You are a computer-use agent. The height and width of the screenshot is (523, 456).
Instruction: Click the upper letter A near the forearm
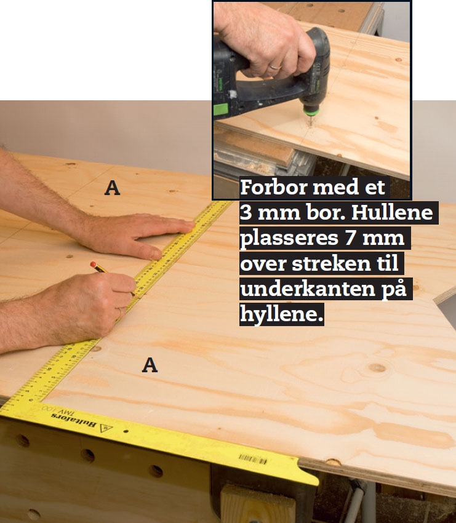coord(112,188)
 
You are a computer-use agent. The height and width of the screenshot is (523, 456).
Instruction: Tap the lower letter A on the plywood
coord(150,365)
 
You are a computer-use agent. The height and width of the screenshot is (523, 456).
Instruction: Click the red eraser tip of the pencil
coord(93,264)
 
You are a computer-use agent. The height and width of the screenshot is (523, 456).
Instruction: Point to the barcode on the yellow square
coord(252,459)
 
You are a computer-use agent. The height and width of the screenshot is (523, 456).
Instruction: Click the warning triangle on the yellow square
coord(106,428)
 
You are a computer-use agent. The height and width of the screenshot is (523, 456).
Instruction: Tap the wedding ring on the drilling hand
coord(276,66)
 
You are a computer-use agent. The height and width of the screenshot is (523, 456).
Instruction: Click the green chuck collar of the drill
coord(311,109)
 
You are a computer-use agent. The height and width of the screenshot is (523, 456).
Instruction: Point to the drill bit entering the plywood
coord(311,121)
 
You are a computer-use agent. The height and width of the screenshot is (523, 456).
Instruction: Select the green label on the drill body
coord(220,109)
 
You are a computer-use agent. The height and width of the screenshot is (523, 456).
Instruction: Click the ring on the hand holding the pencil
coord(121,313)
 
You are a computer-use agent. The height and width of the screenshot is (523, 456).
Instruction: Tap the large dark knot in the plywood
coord(377,368)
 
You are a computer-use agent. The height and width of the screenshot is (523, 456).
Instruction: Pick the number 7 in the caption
coord(350,238)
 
